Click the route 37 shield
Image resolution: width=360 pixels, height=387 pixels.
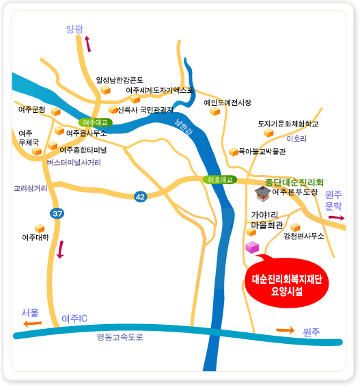57,214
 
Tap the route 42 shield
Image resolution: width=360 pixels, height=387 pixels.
141,196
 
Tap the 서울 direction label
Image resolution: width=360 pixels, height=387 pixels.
30,312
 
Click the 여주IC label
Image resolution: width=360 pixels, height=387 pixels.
74,319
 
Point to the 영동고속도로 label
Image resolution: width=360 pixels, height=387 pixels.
120,336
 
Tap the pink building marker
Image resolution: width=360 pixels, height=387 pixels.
252,246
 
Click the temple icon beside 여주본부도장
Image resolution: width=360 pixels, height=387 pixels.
262,193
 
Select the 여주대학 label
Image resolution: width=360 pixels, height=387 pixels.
36,238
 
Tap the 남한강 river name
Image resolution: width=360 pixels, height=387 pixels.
184,128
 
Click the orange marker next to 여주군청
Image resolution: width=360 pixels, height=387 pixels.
56,111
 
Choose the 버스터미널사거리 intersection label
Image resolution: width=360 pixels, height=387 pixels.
74,163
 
